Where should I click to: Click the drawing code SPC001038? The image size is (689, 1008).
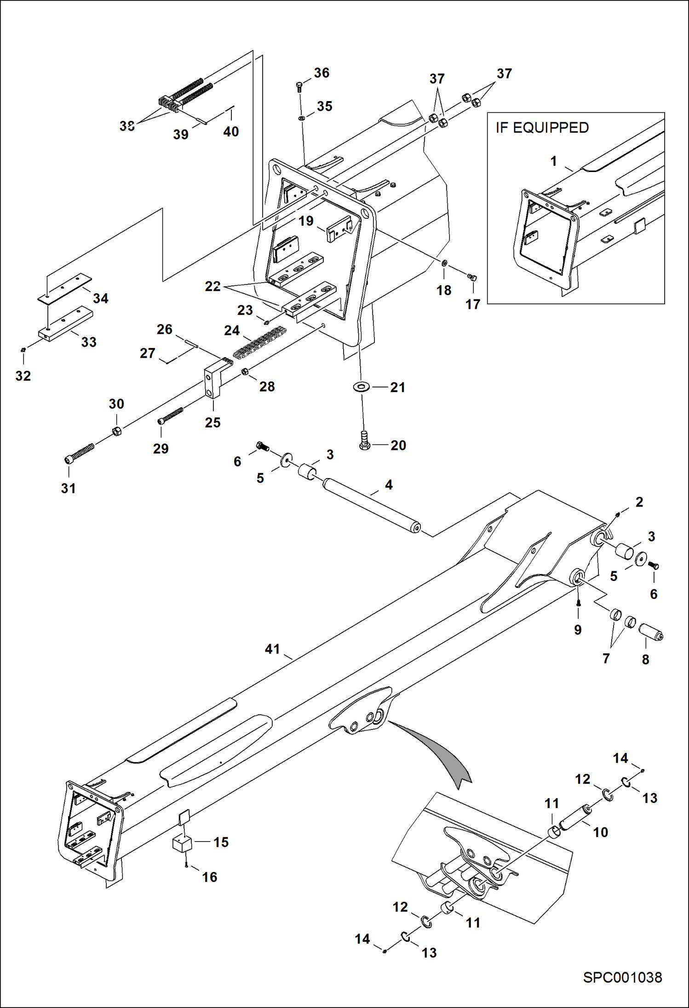[622, 978]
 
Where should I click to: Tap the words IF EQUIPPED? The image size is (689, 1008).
[542, 128]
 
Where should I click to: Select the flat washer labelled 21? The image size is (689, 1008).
[362, 387]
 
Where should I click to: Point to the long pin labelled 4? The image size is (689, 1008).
[371, 505]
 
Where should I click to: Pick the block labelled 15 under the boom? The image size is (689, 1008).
[182, 843]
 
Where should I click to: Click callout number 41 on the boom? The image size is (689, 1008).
[272, 649]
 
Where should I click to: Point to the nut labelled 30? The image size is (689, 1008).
[117, 431]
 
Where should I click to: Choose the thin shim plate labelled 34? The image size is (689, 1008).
[64, 288]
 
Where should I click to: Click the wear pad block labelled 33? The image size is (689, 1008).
[66, 324]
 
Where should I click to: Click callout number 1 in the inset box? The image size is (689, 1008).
[554, 161]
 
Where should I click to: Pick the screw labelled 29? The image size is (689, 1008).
[170, 415]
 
